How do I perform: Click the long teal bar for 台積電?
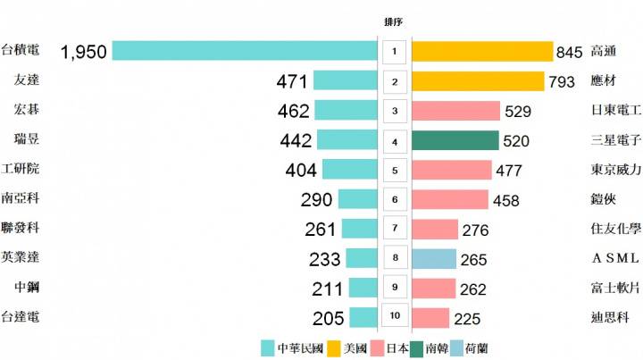244,51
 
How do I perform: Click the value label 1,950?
83,52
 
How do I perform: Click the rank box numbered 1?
394,52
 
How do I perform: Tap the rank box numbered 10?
394,317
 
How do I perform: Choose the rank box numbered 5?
394,170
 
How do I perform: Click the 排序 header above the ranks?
394,21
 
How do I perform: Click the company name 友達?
26,80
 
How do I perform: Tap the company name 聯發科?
21,228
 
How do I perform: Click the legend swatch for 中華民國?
267,347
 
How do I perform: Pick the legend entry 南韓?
437,347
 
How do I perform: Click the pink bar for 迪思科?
430,317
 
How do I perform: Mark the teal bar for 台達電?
363,317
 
